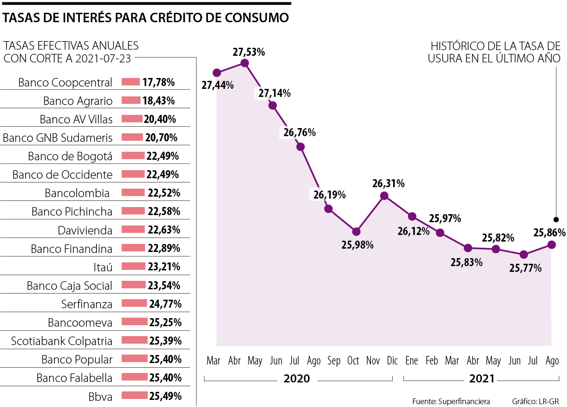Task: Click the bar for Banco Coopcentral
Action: tap(131, 82)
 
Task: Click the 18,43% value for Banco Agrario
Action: tap(159, 101)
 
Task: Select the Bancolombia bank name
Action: tap(77, 193)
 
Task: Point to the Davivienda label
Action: tap(85, 231)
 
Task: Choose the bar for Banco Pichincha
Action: tap(133, 211)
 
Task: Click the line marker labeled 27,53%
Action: tap(245, 63)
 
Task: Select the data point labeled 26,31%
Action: tap(384, 196)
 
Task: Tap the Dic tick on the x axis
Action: tap(391, 361)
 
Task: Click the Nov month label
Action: tap(373, 361)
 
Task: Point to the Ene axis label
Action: tap(412, 361)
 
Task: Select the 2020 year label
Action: tap(297, 379)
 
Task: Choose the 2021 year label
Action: tap(481, 379)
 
